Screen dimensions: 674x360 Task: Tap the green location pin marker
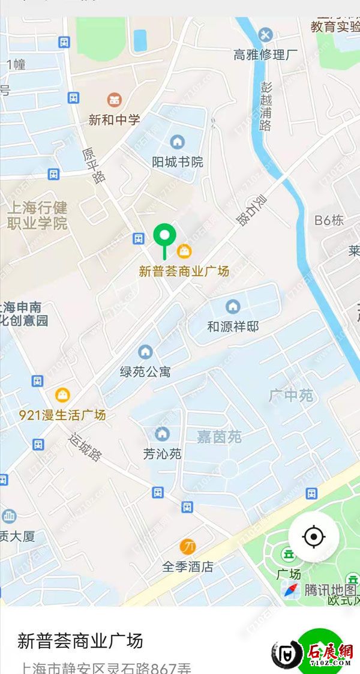[x=164, y=235]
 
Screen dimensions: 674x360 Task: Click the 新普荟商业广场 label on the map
[x=184, y=271]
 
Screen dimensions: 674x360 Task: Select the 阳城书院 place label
[x=177, y=162]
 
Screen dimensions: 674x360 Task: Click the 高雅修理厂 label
[x=265, y=55]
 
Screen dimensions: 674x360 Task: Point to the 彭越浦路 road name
[x=266, y=106]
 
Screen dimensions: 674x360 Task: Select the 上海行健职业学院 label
[x=37, y=216]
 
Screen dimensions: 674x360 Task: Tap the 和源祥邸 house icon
[x=233, y=307]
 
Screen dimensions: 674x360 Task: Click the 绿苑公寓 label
[x=145, y=372]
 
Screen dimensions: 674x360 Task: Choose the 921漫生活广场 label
[x=62, y=415]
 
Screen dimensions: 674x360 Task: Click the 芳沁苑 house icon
[x=162, y=433]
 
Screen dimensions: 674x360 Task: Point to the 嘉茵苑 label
[x=219, y=437]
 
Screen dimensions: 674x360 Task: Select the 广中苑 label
[x=291, y=396]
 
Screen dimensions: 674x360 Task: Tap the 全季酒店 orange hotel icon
[x=187, y=546]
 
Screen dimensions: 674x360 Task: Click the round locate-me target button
[x=313, y=536]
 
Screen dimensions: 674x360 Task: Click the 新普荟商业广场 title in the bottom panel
[x=80, y=640]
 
